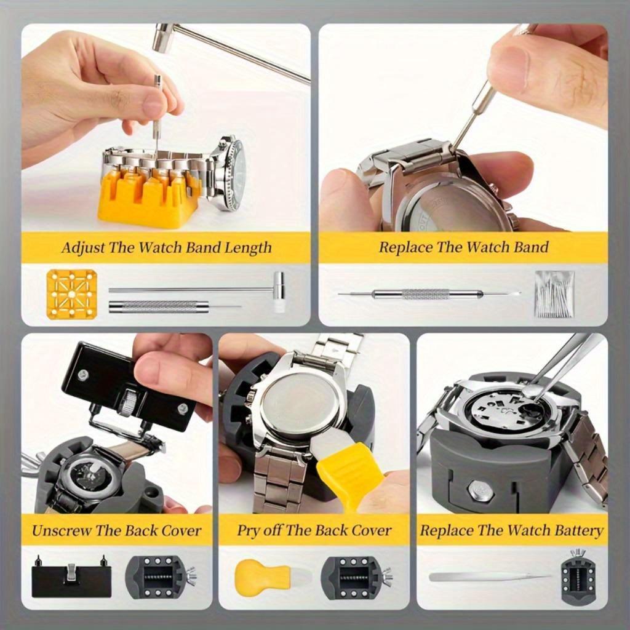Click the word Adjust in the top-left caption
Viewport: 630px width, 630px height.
point(82,248)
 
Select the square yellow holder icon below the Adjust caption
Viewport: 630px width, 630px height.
point(71,294)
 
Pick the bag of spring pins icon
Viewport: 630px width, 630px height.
point(554,294)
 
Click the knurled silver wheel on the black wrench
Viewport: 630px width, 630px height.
point(128,403)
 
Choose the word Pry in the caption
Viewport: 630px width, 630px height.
point(248,530)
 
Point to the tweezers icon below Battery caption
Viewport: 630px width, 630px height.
point(489,577)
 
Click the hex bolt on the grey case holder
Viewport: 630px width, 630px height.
point(480,490)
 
